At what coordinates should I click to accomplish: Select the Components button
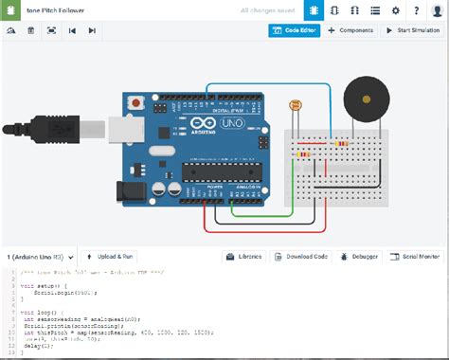point(350,30)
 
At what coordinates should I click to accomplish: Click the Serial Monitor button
point(416,257)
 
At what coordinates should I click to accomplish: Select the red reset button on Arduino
point(139,101)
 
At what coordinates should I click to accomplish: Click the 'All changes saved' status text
point(267,9)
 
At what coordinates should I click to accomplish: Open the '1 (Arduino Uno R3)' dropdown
point(38,257)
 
